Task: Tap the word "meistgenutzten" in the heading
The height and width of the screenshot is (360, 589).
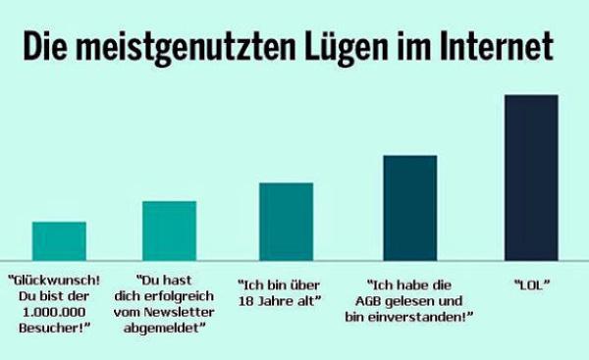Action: (184, 46)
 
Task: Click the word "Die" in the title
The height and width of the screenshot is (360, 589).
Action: (45, 46)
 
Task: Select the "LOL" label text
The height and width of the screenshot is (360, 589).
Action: (531, 284)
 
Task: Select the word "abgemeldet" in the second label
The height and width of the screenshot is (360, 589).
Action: (168, 329)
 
